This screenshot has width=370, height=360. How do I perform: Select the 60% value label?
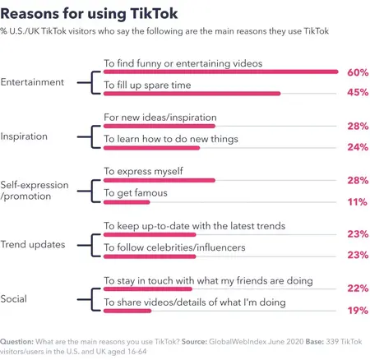357,73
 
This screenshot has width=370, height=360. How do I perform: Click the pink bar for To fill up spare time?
191,94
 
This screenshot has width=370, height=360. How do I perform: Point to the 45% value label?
357,94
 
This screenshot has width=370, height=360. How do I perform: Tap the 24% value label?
357,148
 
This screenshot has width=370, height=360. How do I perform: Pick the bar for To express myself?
158,180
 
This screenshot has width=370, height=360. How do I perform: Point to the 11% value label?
358,201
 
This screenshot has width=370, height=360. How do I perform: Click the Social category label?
17,298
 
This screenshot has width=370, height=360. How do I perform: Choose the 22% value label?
357,288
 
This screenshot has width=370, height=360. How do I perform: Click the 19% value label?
357,310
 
